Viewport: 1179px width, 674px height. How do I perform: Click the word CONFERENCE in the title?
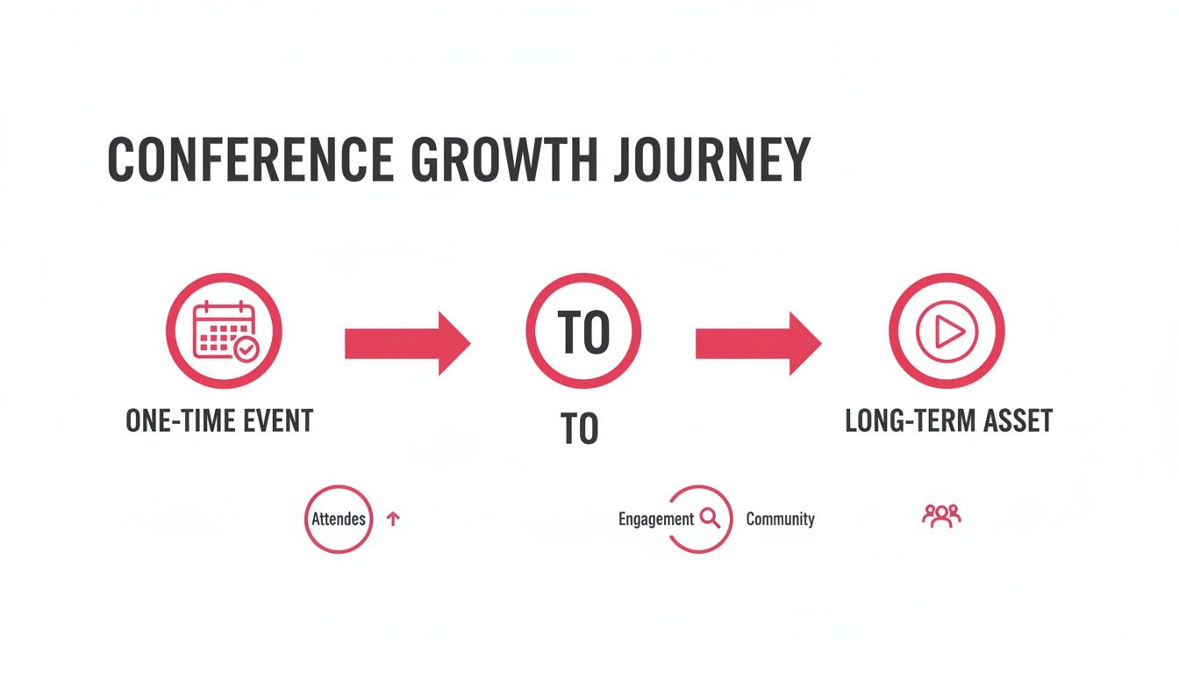[x=250, y=160]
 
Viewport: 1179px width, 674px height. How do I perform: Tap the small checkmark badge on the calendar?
[x=246, y=350]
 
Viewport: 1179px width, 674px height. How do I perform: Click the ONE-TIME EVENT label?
[x=219, y=421]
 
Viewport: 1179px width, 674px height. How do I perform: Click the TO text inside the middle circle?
[x=583, y=333]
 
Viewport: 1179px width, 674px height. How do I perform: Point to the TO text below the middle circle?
[x=579, y=429]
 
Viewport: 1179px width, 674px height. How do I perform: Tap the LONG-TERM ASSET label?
[x=948, y=421]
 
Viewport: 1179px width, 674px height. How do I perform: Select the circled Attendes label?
[x=339, y=519]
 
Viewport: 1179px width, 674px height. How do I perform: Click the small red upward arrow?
[x=393, y=519]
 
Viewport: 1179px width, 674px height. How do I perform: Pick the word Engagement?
[x=656, y=519]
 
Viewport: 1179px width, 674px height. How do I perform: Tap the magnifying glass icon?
[x=710, y=518]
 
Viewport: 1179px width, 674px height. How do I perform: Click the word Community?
[x=780, y=519]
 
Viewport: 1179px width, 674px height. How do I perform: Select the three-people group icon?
[x=941, y=515]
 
